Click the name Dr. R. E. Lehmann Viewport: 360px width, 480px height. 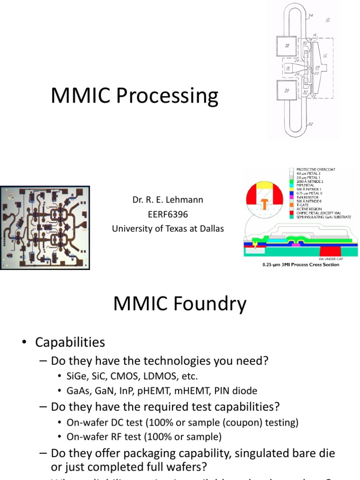(x=167, y=200)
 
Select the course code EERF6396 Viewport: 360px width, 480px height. (x=167, y=215)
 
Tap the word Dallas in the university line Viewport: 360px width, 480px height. (x=211, y=229)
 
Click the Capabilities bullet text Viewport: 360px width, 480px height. (x=70, y=343)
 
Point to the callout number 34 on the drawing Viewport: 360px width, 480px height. (x=310, y=16)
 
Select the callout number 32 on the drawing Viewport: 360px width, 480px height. (x=310, y=124)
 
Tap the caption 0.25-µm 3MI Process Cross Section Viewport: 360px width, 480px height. (x=301, y=265)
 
